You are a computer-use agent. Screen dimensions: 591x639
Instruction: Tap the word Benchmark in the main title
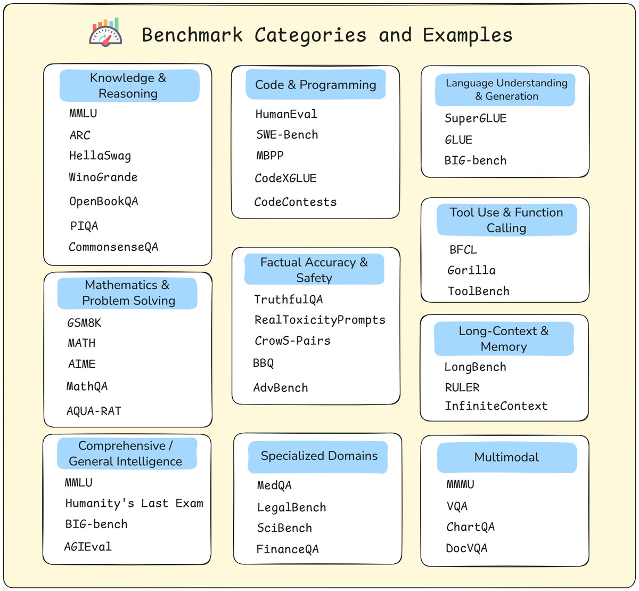click(192, 35)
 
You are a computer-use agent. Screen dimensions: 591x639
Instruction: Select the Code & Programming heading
click(315, 85)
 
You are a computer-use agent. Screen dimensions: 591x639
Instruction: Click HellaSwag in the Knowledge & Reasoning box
click(100, 156)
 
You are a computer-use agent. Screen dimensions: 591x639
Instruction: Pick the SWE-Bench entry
click(287, 135)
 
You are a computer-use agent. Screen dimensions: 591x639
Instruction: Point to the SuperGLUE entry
click(476, 118)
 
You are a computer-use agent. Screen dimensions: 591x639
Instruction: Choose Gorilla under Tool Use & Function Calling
click(471, 270)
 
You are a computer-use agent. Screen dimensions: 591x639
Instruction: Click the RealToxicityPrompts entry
click(319, 320)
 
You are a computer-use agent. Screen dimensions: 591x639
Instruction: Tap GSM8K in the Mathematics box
click(84, 323)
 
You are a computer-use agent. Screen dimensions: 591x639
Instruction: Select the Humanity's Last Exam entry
click(134, 504)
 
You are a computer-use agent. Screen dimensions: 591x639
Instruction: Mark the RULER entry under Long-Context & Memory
click(462, 387)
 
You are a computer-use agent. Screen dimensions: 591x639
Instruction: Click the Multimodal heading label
click(506, 457)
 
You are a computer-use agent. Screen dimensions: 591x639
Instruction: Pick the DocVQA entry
click(466, 548)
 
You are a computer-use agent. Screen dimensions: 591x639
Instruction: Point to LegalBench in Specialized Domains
click(291, 507)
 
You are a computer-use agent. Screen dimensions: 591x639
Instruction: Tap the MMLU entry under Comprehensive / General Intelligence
click(79, 483)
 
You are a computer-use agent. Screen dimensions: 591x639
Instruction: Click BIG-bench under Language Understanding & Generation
click(476, 160)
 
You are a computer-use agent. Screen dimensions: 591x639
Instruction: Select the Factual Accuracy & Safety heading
click(314, 270)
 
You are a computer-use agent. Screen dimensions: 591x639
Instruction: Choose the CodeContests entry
click(296, 202)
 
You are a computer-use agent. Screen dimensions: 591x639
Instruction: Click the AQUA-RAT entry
click(94, 411)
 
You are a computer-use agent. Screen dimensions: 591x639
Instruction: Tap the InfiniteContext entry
click(496, 406)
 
